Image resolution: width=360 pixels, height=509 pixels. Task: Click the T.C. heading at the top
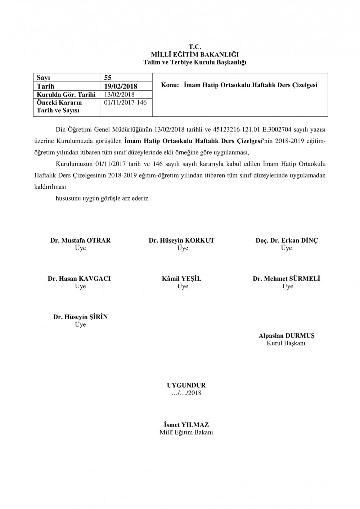tap(195, 47)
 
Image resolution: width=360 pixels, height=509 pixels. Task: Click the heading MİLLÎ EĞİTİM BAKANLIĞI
tap(195, 55)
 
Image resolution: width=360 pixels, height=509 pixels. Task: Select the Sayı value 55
tap(108, 77)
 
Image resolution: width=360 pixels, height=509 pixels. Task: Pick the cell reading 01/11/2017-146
tap(125, 103)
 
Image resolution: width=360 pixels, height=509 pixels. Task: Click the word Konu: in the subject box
tap(170, 86)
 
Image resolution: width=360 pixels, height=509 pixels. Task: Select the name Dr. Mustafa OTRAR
tap(80, 240)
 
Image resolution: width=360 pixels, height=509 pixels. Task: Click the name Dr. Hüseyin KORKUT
tap(181, 240)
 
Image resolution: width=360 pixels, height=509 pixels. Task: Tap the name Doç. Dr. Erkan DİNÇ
tap(287, 240)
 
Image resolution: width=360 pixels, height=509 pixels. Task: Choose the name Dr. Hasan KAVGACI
tap(79, 279)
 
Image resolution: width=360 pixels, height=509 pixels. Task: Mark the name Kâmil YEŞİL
tap(181, 279)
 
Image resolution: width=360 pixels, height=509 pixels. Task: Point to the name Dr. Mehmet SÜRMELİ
tap(287, 279)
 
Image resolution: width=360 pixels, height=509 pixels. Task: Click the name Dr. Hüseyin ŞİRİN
tap(81, 317)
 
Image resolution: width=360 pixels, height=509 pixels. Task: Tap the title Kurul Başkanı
tap(286, 343)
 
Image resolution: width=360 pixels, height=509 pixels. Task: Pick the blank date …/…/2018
tap(186, 393)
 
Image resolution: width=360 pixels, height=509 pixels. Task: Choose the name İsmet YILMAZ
tap(186, 425)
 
